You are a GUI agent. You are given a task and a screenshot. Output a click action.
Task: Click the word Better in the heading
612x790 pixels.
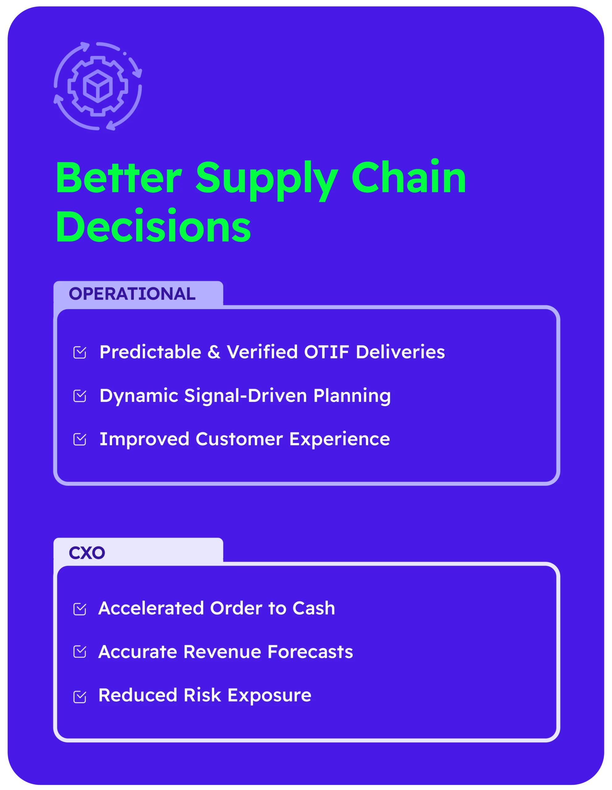click(x=118, y=178)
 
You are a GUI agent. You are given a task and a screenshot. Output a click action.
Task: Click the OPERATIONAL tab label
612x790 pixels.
click(x=132, y=294)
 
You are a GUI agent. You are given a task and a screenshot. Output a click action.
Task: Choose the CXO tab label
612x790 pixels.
click(x=87, y=553)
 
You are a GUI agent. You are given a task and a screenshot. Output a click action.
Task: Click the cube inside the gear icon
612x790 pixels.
click(x=97, y=86)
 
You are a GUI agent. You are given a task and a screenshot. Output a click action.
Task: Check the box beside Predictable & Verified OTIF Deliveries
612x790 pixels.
click(x=80, y=352)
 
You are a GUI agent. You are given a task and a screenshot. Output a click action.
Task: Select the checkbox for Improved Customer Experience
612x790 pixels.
click(x=80, y=439)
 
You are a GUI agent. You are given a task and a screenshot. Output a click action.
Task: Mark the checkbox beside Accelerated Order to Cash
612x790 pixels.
click(x=80, y=609)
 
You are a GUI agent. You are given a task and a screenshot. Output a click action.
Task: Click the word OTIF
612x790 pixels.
click(x=327, y=352)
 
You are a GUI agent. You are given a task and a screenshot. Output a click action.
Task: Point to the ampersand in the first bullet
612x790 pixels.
click(x=214, y=352)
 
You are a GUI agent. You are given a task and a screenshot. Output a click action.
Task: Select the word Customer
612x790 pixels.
click(x=239, y=439)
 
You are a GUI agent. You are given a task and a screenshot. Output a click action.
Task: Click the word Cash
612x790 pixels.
click(x=314, y=609)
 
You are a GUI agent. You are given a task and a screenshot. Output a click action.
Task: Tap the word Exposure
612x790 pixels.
click(x=269, y=696)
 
